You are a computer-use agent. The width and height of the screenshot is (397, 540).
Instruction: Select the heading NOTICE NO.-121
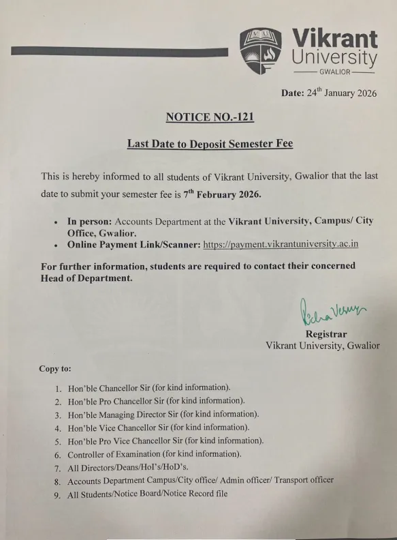[210, 117]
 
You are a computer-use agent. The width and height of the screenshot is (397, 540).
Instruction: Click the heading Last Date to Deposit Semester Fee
[210, 144]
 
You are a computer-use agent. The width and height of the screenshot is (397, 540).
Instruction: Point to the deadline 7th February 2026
[222, 194]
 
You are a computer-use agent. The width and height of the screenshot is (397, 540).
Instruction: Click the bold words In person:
[89, 222]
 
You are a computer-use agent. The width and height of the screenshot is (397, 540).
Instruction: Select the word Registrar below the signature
[326, 334]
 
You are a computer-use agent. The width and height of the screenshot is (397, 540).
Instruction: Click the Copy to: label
[55, 369]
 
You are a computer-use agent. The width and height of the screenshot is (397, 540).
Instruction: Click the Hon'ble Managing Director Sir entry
[163, 414]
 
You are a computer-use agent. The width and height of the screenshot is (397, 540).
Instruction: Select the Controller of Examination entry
[154, 453]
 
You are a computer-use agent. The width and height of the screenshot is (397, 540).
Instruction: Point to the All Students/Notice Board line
[147, 494]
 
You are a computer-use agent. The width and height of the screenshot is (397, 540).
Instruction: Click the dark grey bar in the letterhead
[120, 51]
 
